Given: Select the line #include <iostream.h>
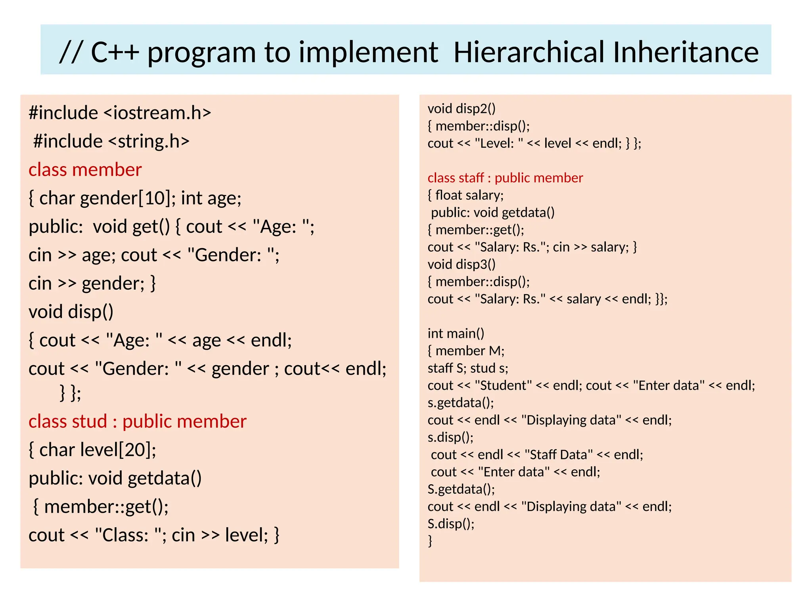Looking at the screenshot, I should pos(120,113).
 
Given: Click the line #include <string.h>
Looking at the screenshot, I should pos(111,141).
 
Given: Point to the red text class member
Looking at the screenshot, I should pos(85,170).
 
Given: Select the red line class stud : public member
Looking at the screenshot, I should pos(137,421).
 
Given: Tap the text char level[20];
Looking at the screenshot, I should pos(93,450).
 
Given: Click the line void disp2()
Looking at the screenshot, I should pos(462,109).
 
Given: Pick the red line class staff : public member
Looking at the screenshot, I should pos(505,178).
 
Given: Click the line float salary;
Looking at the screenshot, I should pos(466,195).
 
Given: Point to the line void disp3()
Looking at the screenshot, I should pos(462,264).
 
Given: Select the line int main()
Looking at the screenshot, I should pos(456,333).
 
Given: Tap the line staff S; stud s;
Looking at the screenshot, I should pos(468,368).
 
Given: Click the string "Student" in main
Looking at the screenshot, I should pos(503,385).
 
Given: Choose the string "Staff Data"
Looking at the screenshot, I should pos(559,454).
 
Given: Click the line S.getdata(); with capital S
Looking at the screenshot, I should pos(461,489).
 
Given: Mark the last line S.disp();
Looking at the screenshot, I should pos(451,524).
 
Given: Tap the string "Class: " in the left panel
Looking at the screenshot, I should pos(129,535).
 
